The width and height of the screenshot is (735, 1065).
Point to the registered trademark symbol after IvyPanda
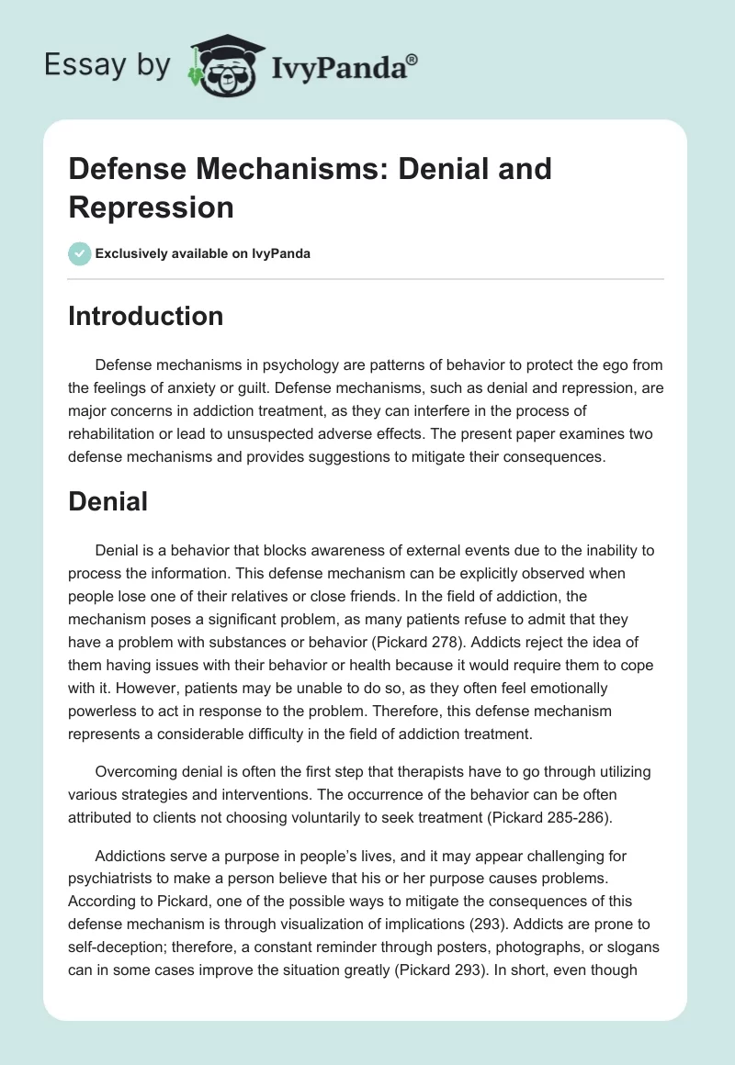tap(413, 58)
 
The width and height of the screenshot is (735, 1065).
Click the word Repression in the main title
tap(152, 207)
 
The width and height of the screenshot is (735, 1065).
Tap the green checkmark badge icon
tap(80, 253)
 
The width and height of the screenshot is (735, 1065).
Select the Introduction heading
tap(146, 316)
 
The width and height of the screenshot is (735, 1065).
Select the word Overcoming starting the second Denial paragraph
tap(141, 772)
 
